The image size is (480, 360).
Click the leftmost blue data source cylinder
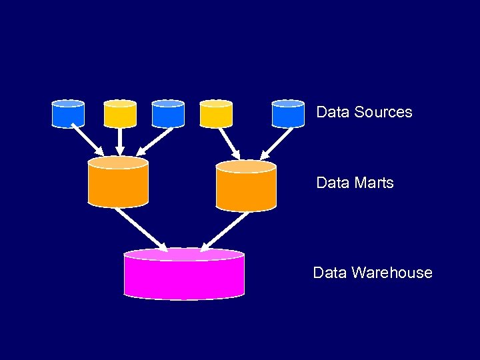click(68, 113)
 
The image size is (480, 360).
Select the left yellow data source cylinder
click(120, 113)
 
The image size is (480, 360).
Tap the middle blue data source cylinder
click(168, 113)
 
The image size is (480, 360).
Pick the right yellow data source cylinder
click(216, 113)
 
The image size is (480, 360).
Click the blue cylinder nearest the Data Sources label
click(288, 113)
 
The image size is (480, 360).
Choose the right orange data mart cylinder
click(246, 186)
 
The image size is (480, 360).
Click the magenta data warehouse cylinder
click(184, 274)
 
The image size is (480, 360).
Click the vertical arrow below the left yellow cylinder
click(120, 141)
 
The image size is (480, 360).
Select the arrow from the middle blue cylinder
click(155, 141)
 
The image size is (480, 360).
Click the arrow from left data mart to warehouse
click(141, 227)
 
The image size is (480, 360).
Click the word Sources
click(383, 112)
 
